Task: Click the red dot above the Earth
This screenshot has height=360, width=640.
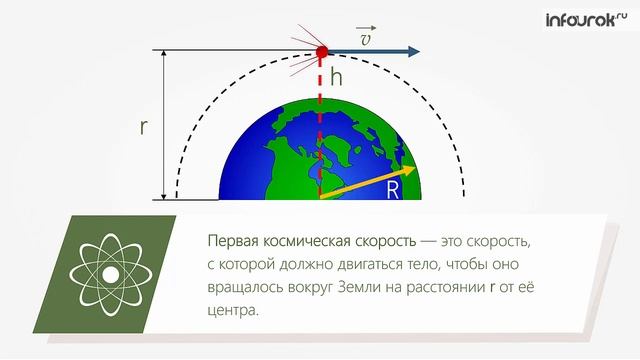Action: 322,51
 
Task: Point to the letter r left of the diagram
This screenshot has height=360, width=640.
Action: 145,127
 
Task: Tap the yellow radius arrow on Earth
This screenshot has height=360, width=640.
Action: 360,185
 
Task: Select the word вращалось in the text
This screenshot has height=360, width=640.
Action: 246,290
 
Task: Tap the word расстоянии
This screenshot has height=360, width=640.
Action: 440,290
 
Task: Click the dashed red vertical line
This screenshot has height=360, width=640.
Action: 321,120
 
